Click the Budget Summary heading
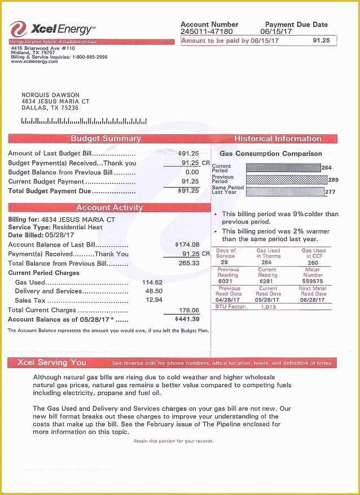(106, 139)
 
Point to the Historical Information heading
(277, 139)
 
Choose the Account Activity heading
(109, 208)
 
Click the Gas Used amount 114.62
(152, 282)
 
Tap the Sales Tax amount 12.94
(154, 300)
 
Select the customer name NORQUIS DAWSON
(50, 95)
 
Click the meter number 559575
(313, 281)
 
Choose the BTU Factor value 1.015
(269, 307)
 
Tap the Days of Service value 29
(225, 262)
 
